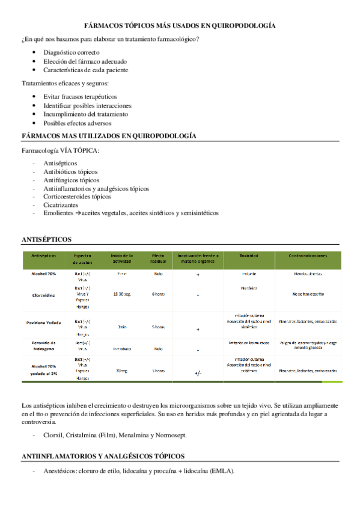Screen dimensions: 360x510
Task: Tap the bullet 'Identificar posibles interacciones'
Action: (87, 105)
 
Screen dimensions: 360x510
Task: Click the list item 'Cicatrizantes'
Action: (61, 204)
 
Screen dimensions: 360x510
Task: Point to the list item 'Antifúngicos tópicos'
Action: (72, 180)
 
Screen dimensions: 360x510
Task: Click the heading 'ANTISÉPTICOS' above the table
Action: (46, 239)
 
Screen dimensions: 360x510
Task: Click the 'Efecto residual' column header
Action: (158, 259)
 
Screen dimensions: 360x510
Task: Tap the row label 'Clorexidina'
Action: (44, 295)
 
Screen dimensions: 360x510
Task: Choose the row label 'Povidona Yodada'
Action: (44, 322)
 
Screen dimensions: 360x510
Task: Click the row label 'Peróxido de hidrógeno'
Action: (44, 345)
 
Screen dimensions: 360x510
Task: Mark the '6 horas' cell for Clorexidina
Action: (158, 293)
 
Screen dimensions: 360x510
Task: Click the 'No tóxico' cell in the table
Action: (249, 287)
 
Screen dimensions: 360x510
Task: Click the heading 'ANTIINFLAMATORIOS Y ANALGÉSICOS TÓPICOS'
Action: (103, 456)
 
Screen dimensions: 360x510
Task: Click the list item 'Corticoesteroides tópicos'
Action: (77, 196)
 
